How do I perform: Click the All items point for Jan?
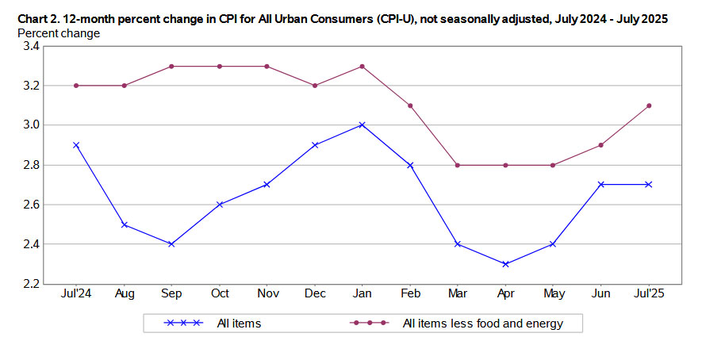tap(362, 124)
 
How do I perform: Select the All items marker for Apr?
tap(505, 264)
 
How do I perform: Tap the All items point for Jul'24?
tap(76, 145)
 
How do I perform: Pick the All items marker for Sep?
tap(171, 244)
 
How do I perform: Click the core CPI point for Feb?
tap(410, 105)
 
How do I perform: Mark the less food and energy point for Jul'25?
tap(649, 105)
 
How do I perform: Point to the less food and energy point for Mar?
tap(458, 165)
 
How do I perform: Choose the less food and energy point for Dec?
tap(315, 86)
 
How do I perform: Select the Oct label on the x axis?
tap(220, 293)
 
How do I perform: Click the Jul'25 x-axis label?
tap(649, 293)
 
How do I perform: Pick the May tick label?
tap(553, 293)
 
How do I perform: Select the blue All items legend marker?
tap(183, 323)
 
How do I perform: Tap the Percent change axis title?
tap(59, 33)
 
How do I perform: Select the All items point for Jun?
tap(601, 184)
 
